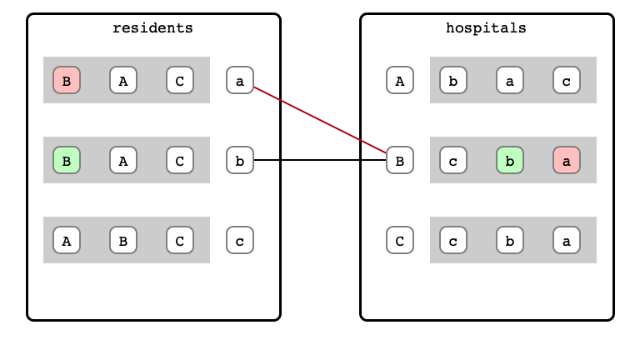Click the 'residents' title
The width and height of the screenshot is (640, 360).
coord(152,27)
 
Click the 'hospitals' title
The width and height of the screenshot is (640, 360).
coord(486,27)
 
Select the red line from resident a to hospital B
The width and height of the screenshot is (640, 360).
coord(320,120)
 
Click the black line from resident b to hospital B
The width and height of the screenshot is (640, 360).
coord(320,160)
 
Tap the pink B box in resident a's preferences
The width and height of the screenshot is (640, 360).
coord(67,80)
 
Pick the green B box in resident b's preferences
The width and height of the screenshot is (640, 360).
coord(67,160)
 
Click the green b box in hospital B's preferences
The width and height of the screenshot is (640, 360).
coord(510,160)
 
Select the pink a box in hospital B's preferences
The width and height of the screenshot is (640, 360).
coord(567,160)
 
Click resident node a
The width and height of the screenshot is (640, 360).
coord(240,80)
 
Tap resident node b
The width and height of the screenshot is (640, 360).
coord(240,160)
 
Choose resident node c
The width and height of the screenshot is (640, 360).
coord(240,240)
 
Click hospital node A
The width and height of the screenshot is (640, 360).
coord(400,80)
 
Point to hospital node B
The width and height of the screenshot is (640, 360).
coord(400,160)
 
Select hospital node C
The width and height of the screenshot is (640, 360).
coord(400,240)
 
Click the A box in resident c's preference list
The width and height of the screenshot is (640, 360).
coord(67,240)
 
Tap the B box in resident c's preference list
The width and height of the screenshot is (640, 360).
coord(123,240)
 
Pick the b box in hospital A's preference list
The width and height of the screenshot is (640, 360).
coord(453,80)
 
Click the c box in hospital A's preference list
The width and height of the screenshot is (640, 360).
coord(567,80)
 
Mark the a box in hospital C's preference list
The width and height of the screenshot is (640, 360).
coord(567,240)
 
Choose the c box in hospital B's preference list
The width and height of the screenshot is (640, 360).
coord(453,160)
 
